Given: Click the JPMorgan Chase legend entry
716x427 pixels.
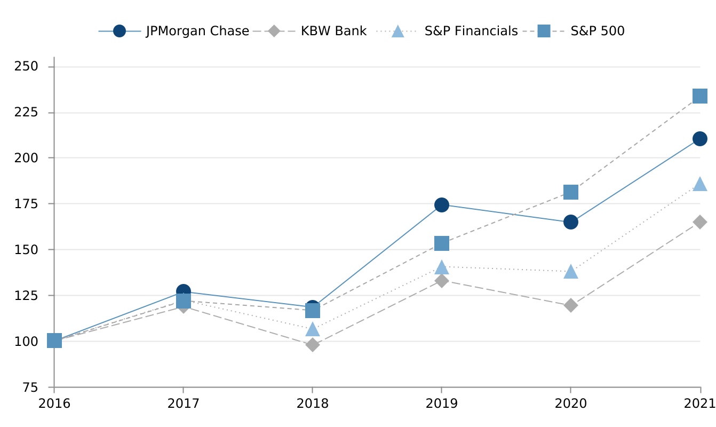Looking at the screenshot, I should [197, 31].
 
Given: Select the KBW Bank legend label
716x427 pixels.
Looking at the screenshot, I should [333, 31].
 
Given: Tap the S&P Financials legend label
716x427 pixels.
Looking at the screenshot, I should [471, 31].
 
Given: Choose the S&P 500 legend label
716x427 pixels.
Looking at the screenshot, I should [597, 31].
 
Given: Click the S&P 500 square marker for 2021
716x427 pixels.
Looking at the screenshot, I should [699, 96].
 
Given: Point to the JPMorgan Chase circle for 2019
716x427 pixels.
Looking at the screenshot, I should [441, 205].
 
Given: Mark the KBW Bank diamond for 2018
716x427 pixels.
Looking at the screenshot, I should [313, 345].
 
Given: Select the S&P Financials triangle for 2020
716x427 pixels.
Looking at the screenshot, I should [570, 271].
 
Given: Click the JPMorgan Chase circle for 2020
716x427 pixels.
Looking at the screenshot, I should [570, 222].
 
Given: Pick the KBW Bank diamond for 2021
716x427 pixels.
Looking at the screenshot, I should [699, 222].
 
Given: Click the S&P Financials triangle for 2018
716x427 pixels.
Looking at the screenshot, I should [313, 329].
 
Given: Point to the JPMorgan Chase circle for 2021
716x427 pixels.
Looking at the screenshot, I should [699, 139].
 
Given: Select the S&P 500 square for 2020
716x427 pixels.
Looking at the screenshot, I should [570, 192].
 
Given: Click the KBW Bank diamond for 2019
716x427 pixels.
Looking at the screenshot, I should [441, 281].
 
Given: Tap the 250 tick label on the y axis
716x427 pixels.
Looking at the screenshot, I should [26, 67].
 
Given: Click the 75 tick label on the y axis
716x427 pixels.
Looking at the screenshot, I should [30, 387].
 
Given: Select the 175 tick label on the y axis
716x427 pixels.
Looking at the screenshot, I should [26, 204].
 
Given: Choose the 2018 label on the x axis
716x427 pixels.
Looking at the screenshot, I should [312, 403].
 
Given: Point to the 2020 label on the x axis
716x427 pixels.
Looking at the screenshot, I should [570, 403].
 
